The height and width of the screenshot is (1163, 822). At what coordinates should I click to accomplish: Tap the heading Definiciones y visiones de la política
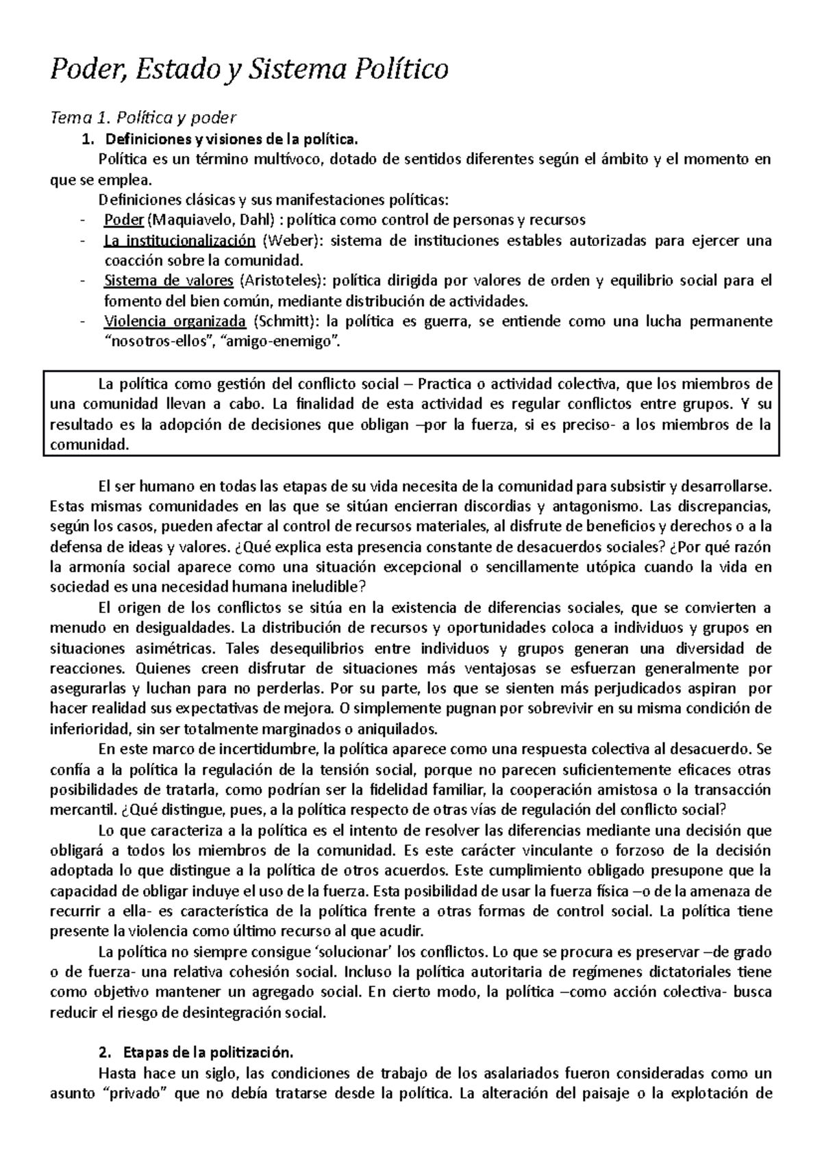231,140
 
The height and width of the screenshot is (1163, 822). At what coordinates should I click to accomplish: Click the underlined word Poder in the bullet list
123,221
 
